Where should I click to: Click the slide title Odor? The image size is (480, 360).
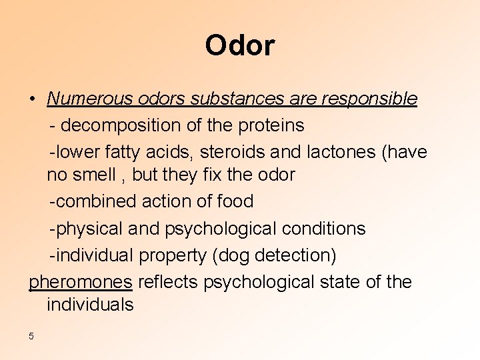[239, 45]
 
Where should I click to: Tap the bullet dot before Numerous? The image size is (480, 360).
[32, 99]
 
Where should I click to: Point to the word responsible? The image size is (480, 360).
[369, 99]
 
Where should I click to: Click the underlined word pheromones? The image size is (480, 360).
[80, 282]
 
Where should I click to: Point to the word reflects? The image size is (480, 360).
[168, 282]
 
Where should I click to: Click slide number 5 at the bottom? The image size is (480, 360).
[31, 336]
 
